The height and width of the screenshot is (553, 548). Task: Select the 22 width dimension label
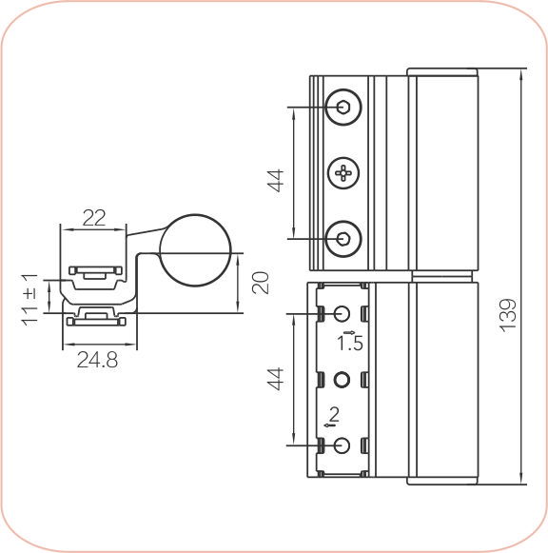coord(93,217)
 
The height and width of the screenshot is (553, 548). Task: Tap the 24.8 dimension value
coord(98,361)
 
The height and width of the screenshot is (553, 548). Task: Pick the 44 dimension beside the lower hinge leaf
coord(276,379)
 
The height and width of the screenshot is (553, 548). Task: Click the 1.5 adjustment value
coord(349,342)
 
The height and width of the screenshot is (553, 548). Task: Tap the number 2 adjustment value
coord(332,413)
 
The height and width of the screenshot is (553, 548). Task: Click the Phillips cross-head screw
coord(342,172)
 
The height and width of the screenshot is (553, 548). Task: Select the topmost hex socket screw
coord(342,107)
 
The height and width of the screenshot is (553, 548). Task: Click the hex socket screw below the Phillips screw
coord(342,237)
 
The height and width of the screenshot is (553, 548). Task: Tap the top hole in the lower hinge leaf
coord(342,313)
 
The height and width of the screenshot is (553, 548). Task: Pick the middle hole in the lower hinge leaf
coord(342,380)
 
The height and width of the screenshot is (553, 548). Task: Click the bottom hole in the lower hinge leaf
coord(342,445)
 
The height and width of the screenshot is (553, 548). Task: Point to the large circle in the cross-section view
coord(195,251)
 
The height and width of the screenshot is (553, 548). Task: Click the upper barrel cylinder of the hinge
coord(442,171)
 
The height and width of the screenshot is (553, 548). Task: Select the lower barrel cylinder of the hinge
coord(442,381)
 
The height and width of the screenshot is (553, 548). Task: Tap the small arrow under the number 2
coord(330,425)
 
